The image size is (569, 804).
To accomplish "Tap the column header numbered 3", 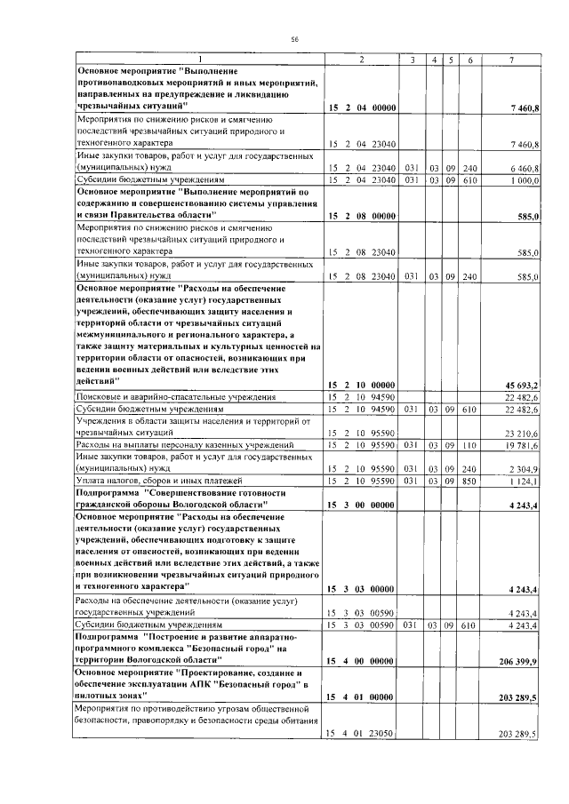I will (x=413, y=59).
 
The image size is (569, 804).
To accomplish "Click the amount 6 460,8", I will (x=524, y=167).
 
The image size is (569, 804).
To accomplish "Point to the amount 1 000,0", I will (x=525, y=180).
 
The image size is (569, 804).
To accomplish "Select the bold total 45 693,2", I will (x=522, y=384).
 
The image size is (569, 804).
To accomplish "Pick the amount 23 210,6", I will (x=522, y=433).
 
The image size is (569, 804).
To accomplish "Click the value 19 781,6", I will (x=523, y=445).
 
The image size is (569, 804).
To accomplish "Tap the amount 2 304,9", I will (x=524, y=468).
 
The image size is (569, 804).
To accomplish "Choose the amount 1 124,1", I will (x=525, y=482).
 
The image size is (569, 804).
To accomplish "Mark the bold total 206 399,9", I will (x=520, y=662).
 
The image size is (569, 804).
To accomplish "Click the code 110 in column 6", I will (x=469, y=445).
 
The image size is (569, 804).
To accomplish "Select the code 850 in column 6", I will (x=469, y=482).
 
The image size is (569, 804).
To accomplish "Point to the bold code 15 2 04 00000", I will (x=361, y=108).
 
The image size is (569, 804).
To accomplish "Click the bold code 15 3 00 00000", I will (x=361, y=505).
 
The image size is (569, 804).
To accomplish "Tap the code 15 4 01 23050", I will (x=361, y=734).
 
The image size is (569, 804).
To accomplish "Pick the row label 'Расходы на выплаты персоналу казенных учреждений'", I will (x=185, y=445).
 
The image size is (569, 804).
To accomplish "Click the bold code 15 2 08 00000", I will (x=361, y=216).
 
